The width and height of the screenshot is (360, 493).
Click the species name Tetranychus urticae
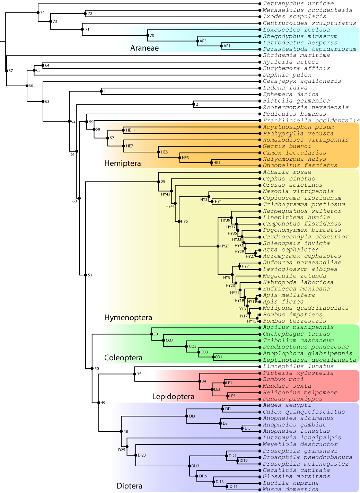coord(298,3)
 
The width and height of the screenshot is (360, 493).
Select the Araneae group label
coord(144,48)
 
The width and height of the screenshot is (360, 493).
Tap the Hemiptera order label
coord(122,163)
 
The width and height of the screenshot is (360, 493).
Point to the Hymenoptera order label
coord(128,317)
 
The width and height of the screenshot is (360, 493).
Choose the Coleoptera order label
coord(123,358)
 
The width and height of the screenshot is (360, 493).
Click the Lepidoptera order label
coord(173,396)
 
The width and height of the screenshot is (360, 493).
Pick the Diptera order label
coord(129,486)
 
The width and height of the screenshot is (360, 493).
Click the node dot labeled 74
coord(38,12)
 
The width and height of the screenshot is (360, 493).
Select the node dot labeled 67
coord(6,71)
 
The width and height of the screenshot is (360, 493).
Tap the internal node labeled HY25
coord(218,246)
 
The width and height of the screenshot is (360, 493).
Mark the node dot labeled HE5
coord(158,152)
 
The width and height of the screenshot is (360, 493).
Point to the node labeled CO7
coord(163,341)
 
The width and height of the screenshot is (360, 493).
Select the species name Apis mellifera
coord(289,295)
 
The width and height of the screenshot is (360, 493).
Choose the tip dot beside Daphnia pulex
coord(260,75)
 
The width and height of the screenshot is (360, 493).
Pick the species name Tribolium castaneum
coord(298,341)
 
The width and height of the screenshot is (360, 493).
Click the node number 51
coord(90,275)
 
